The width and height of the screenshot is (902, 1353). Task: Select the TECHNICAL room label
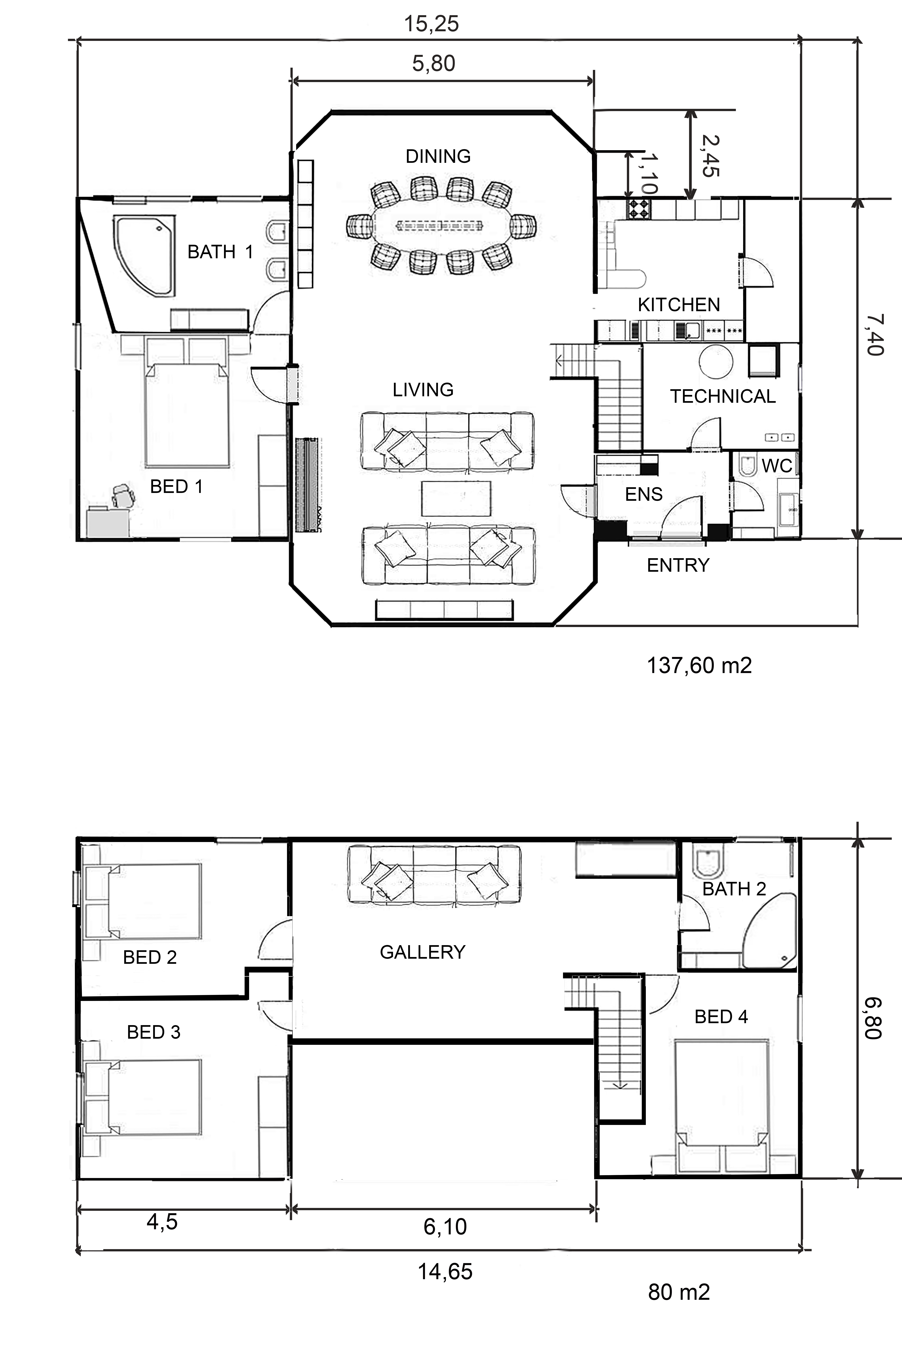pos(723,396)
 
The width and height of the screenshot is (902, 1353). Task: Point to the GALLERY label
pos(422,952)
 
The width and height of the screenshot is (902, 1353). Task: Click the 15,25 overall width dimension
pos(431,24)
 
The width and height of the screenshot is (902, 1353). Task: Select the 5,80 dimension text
pos(434,63)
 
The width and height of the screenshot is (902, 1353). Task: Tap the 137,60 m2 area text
pos(699,666)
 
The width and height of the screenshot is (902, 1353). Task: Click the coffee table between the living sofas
pos(456,498)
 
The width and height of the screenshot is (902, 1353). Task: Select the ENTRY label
pos(678,565)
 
